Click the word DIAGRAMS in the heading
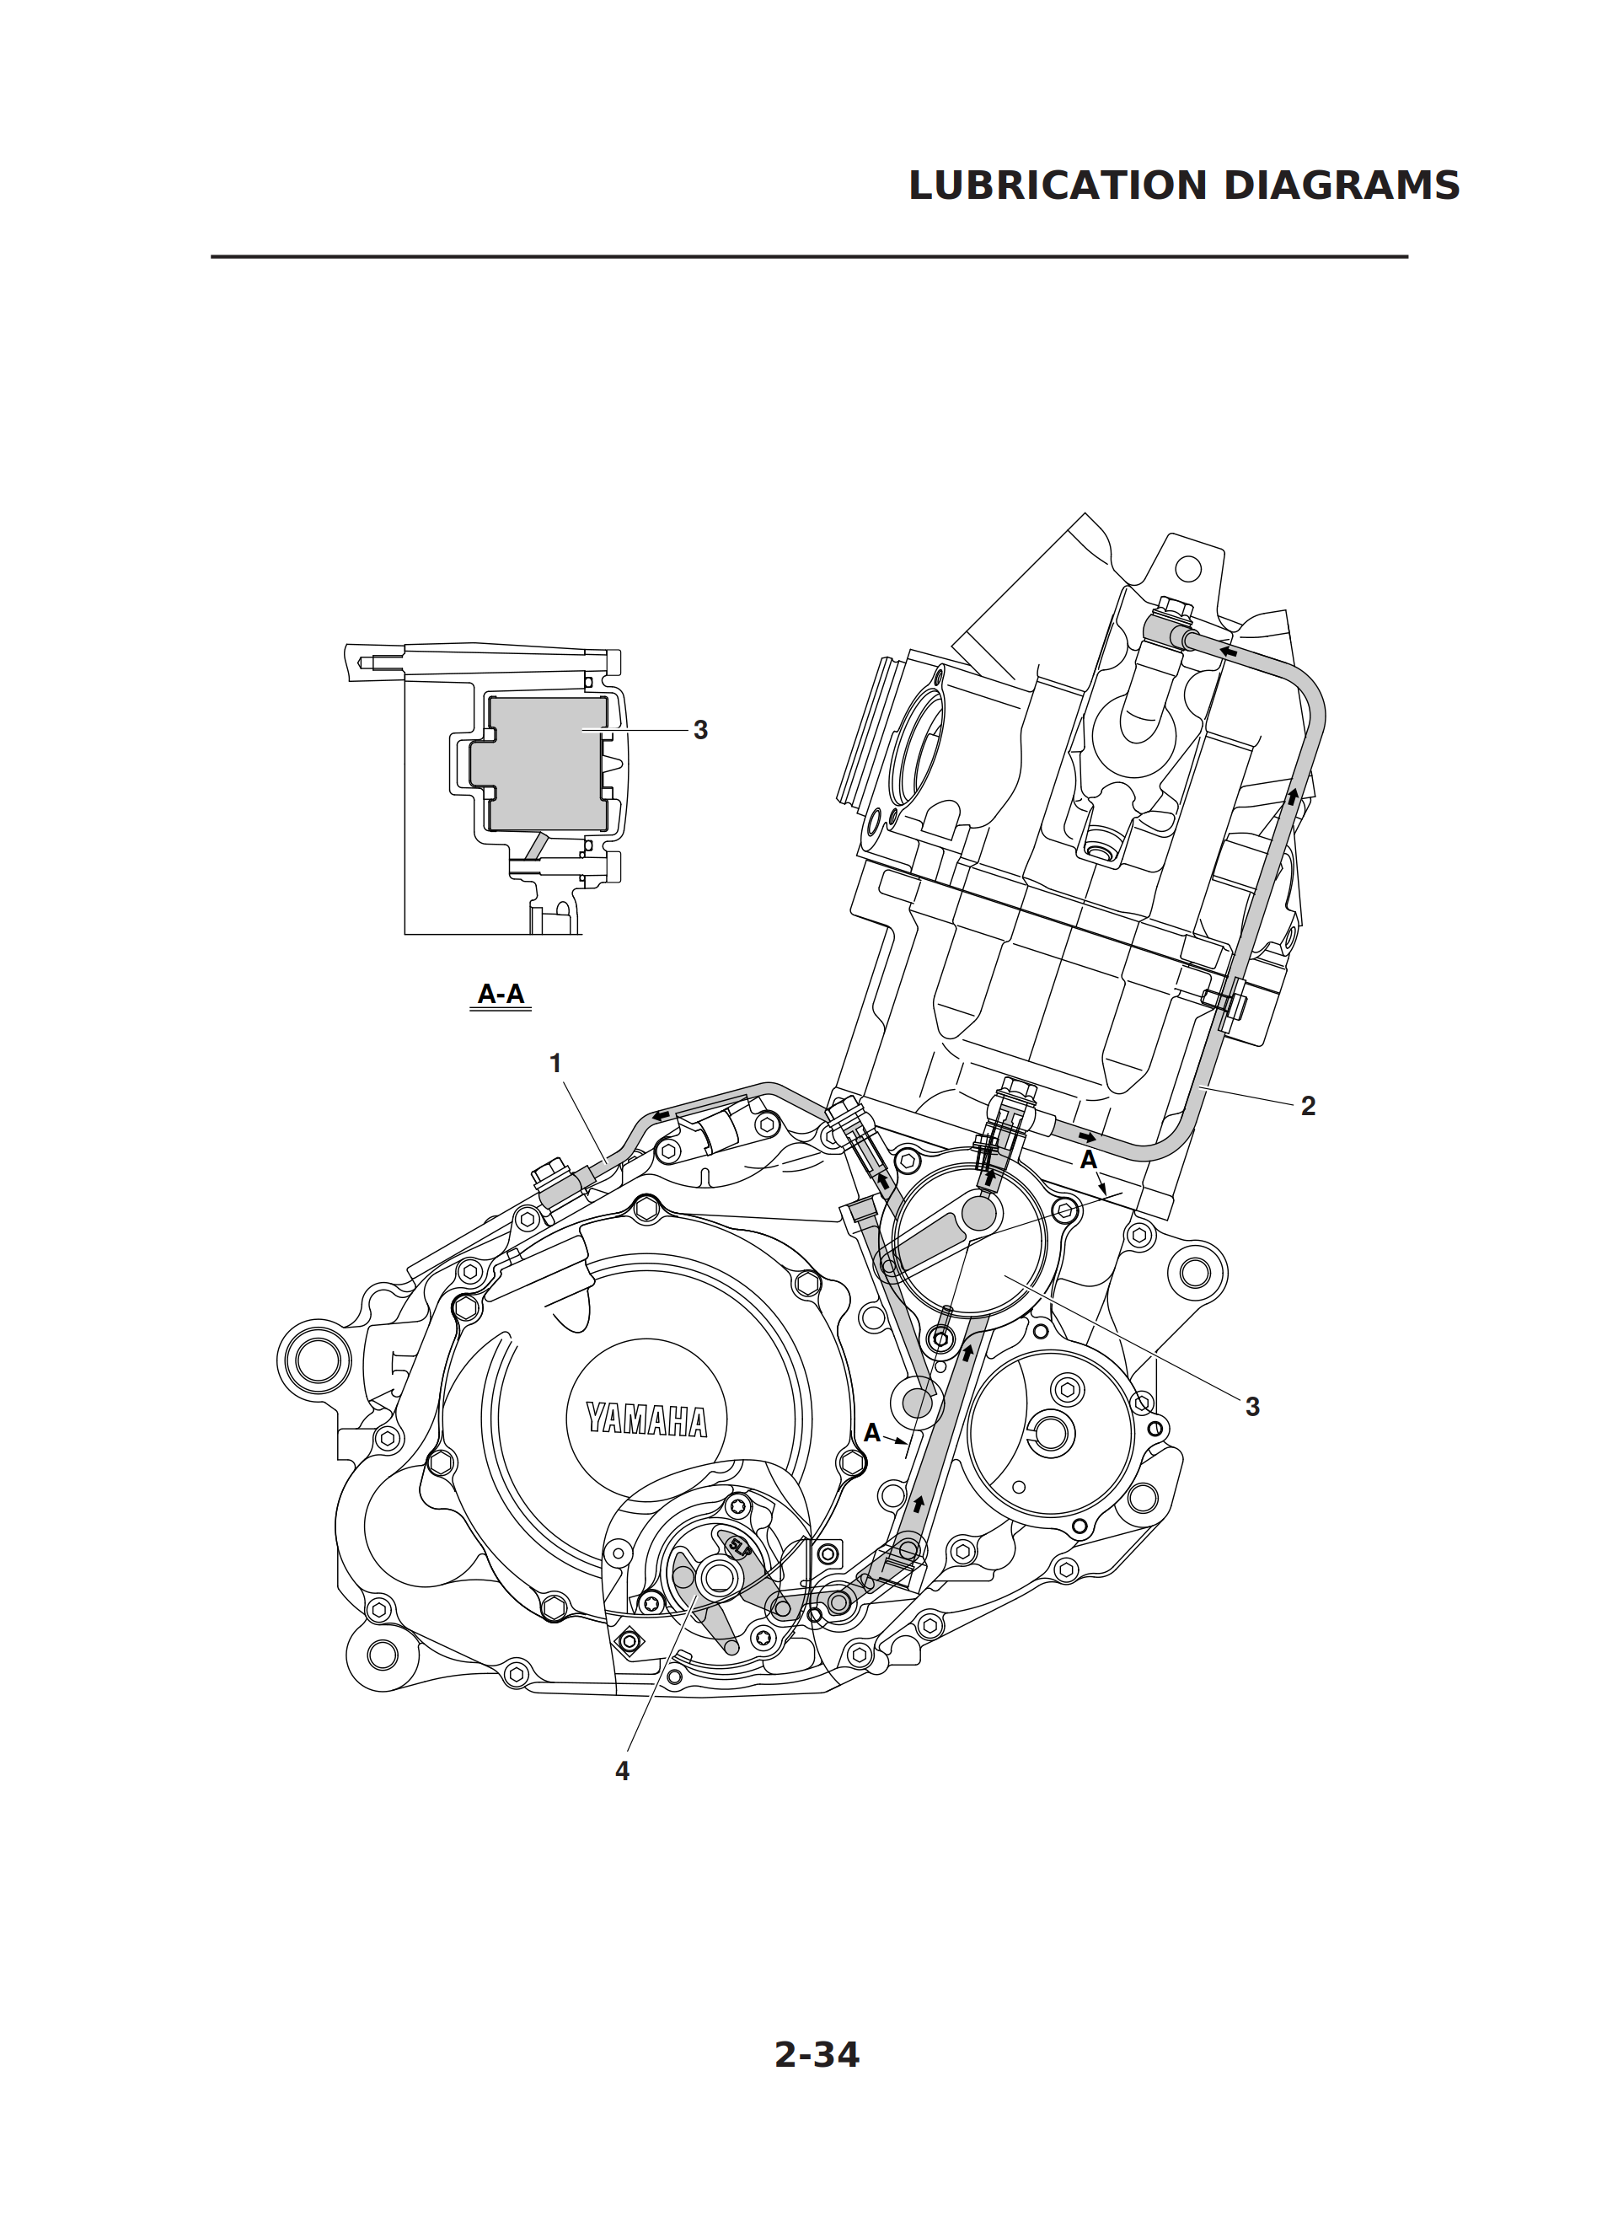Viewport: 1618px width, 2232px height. click(x=1342, y=186)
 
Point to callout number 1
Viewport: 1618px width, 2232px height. click(x=555, y=1063)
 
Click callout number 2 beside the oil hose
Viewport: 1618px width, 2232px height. click(x=1308, y=1106)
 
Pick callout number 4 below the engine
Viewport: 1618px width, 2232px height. click(x=622, y=1770)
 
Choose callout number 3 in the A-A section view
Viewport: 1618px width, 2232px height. click(x=699, y=730)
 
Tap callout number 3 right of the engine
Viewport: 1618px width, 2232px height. click(x=1252, y=1408)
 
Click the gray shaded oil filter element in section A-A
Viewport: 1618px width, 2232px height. click(x=546, y=763)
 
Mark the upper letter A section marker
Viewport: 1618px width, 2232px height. click(x=1089, y=1161)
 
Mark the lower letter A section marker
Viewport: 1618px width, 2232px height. click(x=872, y=1433)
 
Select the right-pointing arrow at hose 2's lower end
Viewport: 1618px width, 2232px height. click(x=1086, y=1139)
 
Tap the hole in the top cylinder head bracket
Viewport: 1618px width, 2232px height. click(x=1189, y=568)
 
